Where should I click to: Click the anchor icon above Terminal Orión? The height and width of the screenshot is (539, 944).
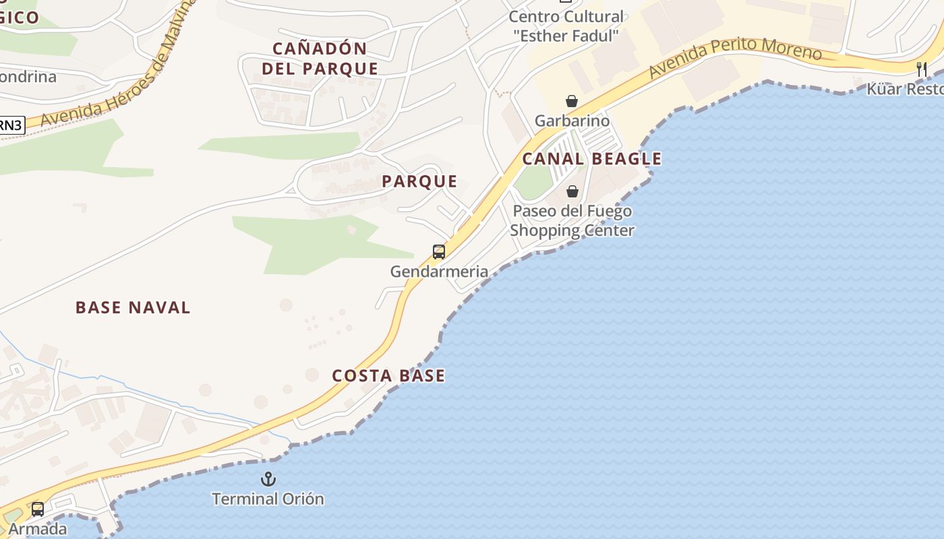(268, 479)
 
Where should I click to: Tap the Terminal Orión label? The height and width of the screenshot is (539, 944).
(268, 499)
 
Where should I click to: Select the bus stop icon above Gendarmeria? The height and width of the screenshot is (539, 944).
(439, 252)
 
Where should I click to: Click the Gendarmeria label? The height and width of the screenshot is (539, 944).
(439, 272)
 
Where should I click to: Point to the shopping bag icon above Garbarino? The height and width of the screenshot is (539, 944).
(572, 102)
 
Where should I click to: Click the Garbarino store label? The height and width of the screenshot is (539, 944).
(572, 121)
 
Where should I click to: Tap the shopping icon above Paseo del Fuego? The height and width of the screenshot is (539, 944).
(572, 191)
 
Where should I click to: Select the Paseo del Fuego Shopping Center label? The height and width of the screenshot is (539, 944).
(572, 221)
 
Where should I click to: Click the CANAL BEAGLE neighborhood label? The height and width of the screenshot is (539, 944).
(591, 159)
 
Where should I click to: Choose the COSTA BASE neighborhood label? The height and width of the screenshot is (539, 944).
(388, 376)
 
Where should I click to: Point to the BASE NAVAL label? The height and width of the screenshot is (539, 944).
(133, 308)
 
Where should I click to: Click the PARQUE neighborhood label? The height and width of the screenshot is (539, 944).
(419, 181)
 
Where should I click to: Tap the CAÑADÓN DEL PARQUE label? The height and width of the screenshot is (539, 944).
(320, 59)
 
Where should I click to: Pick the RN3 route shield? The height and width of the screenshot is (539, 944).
(11, 125)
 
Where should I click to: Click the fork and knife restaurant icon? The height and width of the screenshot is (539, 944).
(922, 69)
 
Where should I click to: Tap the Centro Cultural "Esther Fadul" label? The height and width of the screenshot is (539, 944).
(566, 26)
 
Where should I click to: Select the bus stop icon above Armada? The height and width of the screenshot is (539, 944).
(38, 509)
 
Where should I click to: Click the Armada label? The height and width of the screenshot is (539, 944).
(38, 529)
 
